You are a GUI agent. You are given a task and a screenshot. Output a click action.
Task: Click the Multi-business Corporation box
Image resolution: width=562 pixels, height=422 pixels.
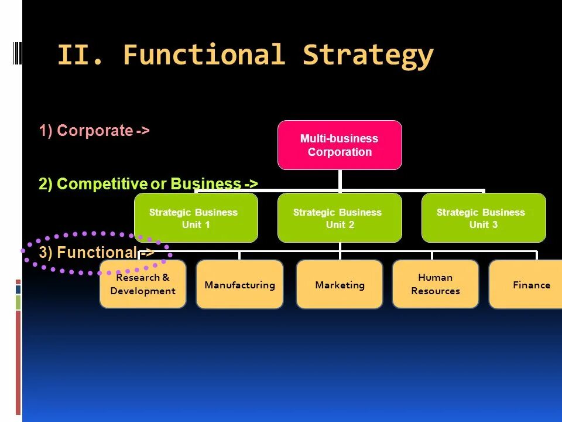340,145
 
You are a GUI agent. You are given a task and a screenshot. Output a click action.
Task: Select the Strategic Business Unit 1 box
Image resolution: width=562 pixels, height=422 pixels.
196,218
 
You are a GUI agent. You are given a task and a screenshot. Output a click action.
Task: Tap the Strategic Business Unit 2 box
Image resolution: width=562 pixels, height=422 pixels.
340,218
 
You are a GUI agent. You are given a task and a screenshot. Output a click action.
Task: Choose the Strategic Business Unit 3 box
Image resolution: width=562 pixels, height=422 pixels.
484,218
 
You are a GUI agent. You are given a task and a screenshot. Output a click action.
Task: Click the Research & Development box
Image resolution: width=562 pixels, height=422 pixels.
142,285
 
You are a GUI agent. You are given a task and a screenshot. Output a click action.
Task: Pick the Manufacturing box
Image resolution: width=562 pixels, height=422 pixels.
239,285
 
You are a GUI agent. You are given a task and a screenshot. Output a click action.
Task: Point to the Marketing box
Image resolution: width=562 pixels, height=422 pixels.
340,285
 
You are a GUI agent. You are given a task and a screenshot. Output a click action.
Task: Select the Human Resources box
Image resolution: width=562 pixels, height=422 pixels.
435,284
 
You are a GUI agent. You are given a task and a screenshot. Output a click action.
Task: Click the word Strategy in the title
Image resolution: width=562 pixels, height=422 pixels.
368,56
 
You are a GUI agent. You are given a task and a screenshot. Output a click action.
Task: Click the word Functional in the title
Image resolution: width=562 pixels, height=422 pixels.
204,56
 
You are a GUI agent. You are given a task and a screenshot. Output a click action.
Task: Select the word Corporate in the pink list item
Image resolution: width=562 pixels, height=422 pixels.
95,131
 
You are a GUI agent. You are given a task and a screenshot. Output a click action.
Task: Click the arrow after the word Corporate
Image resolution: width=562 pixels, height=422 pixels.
143,131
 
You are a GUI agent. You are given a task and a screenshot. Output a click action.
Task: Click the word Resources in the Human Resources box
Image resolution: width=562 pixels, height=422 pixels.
435,291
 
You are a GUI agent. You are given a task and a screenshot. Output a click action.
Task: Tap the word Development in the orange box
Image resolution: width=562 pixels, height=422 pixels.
142,291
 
